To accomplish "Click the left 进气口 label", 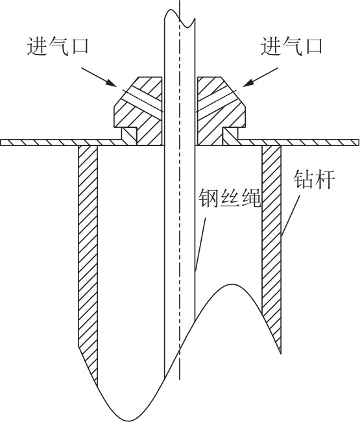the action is point(58,45).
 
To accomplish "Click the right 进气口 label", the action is point(291,45).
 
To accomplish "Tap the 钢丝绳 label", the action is point(230,199).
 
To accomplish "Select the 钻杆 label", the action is point(315,179).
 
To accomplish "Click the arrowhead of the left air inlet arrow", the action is point(112,83).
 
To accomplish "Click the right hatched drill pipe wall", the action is point(272,242).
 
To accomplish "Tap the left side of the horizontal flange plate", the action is point(62,142).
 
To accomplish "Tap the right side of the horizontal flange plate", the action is point(298,142).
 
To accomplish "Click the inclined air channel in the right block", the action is point(217,100).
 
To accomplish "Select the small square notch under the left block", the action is point(130,136).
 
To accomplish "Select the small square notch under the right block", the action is point(230,136).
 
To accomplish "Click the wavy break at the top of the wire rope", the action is point(180,18).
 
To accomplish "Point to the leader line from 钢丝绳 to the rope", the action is point(200,244).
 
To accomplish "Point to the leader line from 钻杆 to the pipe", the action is point(291,215).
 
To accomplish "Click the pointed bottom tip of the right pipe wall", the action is point(281,354).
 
